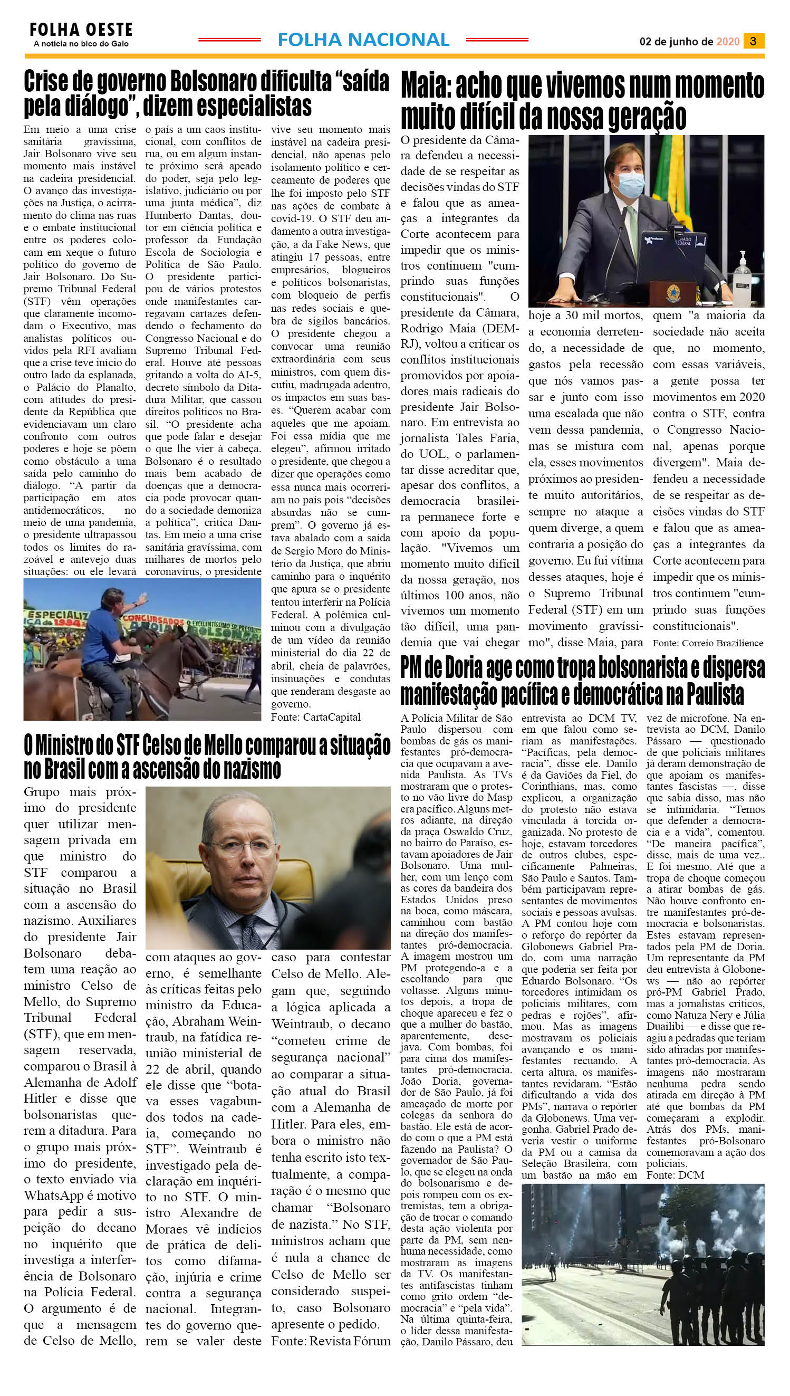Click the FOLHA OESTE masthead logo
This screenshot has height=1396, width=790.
[x=81, y=30]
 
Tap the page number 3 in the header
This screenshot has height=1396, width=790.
[x=753, y=41]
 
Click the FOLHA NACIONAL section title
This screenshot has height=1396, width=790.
[x=363, y=40]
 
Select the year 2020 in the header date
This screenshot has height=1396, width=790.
[x=728, y=42]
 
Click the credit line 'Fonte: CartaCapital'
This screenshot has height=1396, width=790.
[x=316, y=717]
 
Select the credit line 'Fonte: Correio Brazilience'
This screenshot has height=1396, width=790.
[x=708, y=643]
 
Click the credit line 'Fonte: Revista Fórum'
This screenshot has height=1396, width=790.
[x=331, y=1341]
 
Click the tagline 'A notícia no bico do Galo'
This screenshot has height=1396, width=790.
[x=81, y=44]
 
